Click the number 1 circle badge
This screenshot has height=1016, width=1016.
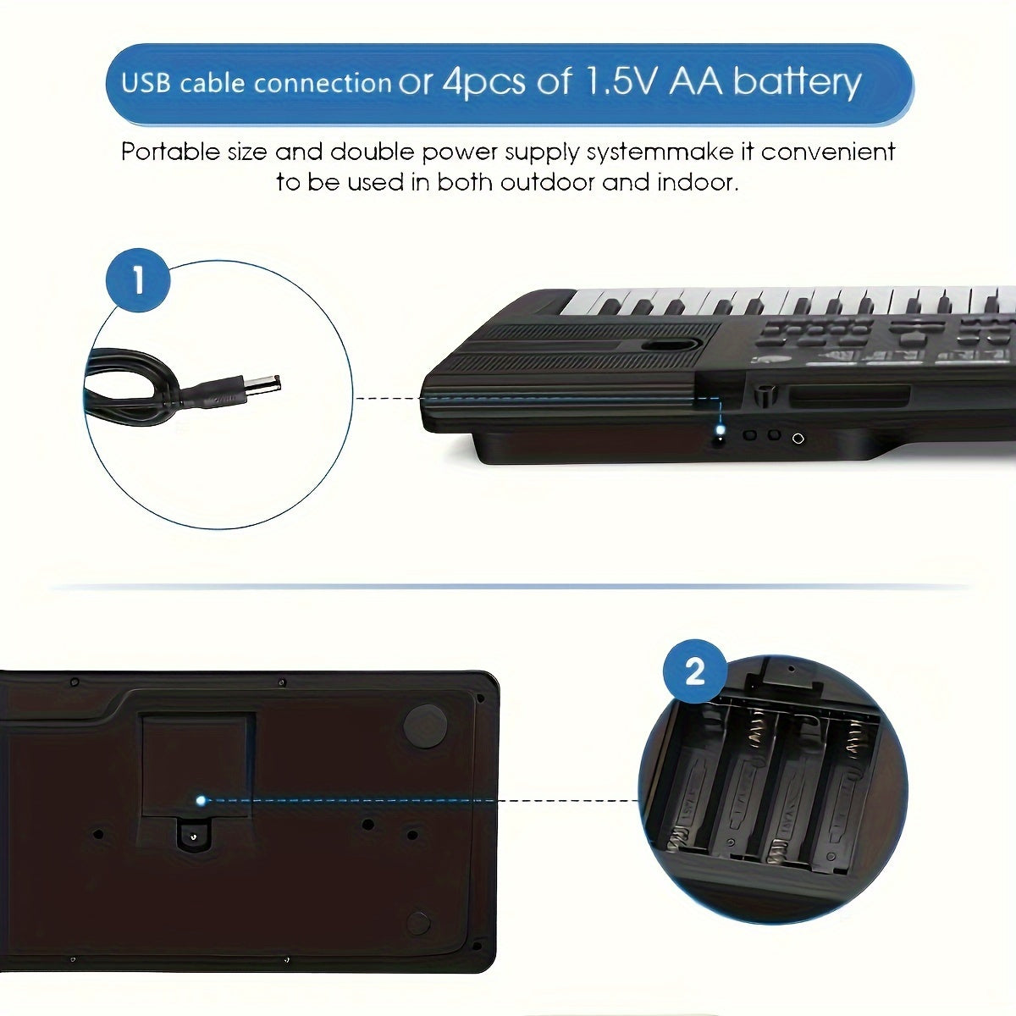(x=138, y=280)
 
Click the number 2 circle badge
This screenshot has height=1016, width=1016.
(x=693, y=673)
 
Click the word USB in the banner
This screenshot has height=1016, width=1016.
(x=146, y=84)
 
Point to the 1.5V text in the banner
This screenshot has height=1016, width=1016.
(x=616, y=81)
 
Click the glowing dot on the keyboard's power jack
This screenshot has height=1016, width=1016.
(x=721, y=433)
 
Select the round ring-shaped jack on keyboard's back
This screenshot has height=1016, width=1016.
(x=797, y=438)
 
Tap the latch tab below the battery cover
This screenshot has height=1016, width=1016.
(x=194, y=836)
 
